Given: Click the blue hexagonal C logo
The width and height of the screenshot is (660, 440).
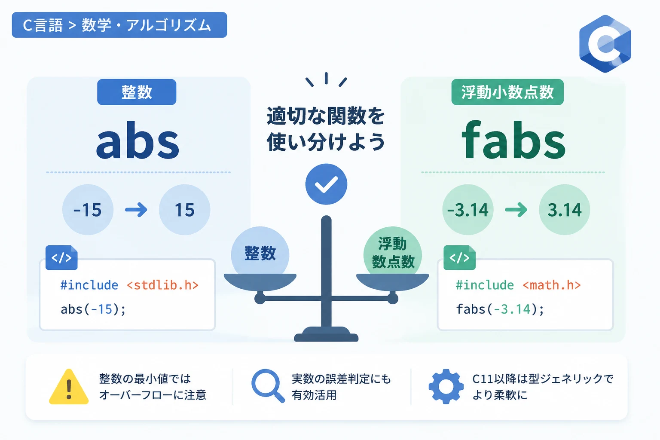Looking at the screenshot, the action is (605, 44).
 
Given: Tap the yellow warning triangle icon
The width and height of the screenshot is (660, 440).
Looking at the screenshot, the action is (69, 387).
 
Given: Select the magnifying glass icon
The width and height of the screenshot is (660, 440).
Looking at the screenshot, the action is (268, 385).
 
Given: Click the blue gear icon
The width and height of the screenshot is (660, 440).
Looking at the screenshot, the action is (446, 386).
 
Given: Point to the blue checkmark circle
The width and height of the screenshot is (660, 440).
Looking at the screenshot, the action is (326, 184).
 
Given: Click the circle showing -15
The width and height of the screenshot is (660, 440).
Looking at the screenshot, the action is (88, 210).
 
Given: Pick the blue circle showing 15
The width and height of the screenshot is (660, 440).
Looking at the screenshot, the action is (184, 210).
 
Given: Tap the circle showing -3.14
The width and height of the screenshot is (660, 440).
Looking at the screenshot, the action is (467, 210).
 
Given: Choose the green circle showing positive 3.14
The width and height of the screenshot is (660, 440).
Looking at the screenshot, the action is (564, 210).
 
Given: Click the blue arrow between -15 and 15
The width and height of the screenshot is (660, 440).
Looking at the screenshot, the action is (136, 210).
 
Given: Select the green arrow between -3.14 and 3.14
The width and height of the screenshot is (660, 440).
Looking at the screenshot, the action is (516, 210).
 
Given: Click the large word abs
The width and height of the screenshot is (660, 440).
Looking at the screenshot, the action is (137, 141).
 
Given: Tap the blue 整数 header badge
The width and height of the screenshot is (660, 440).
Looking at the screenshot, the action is (137, 92).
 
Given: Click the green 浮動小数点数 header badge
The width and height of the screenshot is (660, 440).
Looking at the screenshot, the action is (507, 92).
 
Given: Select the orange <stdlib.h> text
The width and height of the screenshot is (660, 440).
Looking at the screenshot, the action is (163, 285).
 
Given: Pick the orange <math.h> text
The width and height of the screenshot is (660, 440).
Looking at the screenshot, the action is (552, 285).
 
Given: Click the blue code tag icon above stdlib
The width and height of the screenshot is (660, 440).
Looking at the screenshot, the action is (61, 257).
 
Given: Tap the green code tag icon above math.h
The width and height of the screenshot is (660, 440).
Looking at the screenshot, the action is (459, 257).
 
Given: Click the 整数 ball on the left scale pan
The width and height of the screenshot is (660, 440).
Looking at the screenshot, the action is (260, 251).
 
